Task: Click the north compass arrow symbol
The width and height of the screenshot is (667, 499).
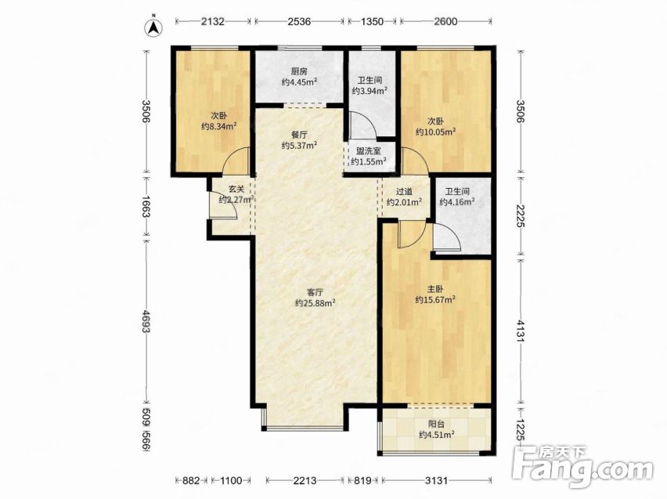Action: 155,26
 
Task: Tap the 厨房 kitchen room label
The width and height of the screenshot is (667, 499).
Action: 300,71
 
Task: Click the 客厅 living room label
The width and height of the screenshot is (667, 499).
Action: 315,292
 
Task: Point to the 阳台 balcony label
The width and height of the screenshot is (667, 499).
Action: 436,424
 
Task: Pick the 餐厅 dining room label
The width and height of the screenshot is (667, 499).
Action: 300,135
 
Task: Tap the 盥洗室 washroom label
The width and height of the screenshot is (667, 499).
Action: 369,150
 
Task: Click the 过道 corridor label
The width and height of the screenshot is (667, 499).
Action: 405,192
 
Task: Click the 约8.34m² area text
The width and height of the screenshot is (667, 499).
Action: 218,126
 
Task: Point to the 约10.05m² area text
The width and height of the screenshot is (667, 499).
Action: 435,132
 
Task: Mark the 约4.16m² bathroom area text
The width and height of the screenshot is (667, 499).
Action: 457,202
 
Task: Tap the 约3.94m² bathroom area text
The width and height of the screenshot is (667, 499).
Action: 370,91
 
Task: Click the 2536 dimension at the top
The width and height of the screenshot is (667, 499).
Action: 300,21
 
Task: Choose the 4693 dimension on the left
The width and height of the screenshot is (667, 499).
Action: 146,322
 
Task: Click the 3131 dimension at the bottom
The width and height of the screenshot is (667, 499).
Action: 436,481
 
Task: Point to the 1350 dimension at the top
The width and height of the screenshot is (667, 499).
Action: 372,21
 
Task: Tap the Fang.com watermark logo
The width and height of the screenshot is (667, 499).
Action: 582,468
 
